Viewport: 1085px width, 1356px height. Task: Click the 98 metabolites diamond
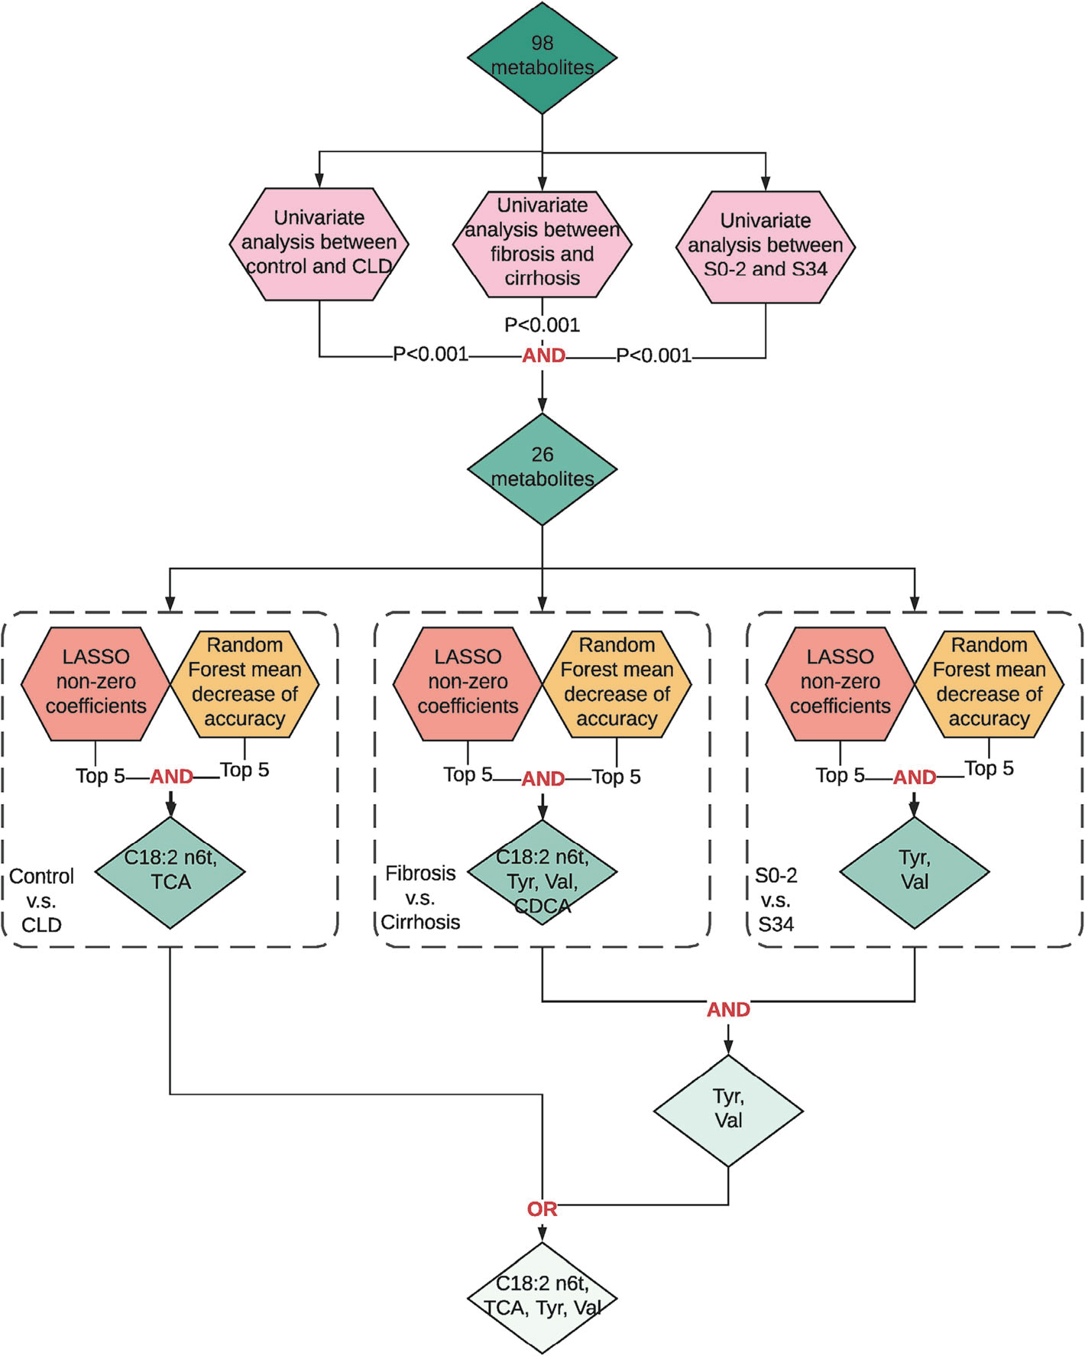pos(542,58)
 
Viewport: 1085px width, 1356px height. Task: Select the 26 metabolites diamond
pos(542,469)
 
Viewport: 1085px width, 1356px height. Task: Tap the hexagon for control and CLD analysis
pos(319,244)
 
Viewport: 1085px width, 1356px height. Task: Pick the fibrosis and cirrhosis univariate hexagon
pos(542,244)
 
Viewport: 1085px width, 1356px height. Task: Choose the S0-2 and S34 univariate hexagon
pos(766,247)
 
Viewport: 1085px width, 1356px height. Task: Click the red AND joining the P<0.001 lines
pos(543,355)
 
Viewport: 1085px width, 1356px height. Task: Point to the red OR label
pos(542,1209)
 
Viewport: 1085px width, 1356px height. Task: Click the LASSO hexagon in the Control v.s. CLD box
pos(96,684)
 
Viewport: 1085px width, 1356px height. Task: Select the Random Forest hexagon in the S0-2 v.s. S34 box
pos(989,684)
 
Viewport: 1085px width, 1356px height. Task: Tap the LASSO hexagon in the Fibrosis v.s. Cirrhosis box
pos(468,684)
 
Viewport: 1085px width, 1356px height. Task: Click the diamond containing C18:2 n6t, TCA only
pos(170,873)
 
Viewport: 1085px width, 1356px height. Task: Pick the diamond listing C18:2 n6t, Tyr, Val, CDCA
pos(542,873)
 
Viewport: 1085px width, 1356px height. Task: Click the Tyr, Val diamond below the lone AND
pos(728,1111)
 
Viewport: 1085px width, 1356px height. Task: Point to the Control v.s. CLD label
pos(41,900)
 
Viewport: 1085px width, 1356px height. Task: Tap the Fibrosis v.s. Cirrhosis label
pos(420,897)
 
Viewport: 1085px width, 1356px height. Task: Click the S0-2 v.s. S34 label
pos(776,900)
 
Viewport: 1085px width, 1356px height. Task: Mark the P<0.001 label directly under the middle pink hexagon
pos(542,325)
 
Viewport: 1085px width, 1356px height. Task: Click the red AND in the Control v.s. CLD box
pos(171,777)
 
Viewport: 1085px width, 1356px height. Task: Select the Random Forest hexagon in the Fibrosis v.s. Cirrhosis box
pos(617,684)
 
